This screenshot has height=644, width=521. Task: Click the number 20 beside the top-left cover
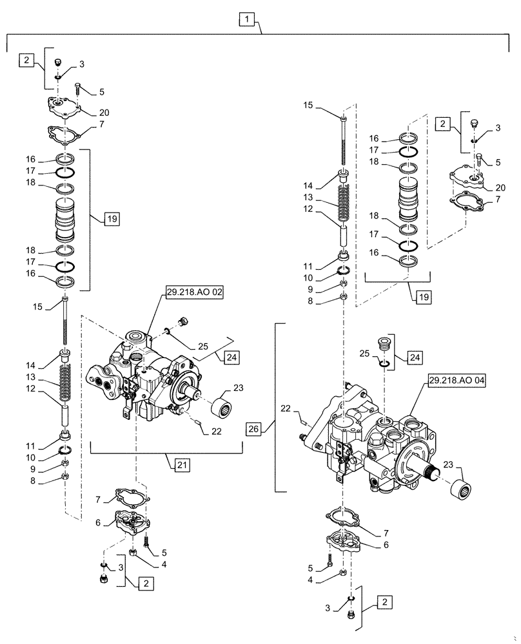[104, 113]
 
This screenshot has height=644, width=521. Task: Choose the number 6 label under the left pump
[99, 524]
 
